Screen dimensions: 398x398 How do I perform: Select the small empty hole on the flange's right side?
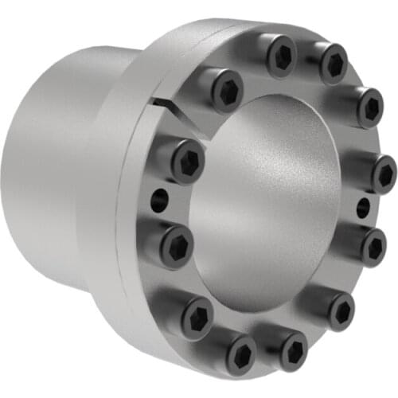[363, 208]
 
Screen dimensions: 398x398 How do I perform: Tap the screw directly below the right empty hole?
[373, 247]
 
